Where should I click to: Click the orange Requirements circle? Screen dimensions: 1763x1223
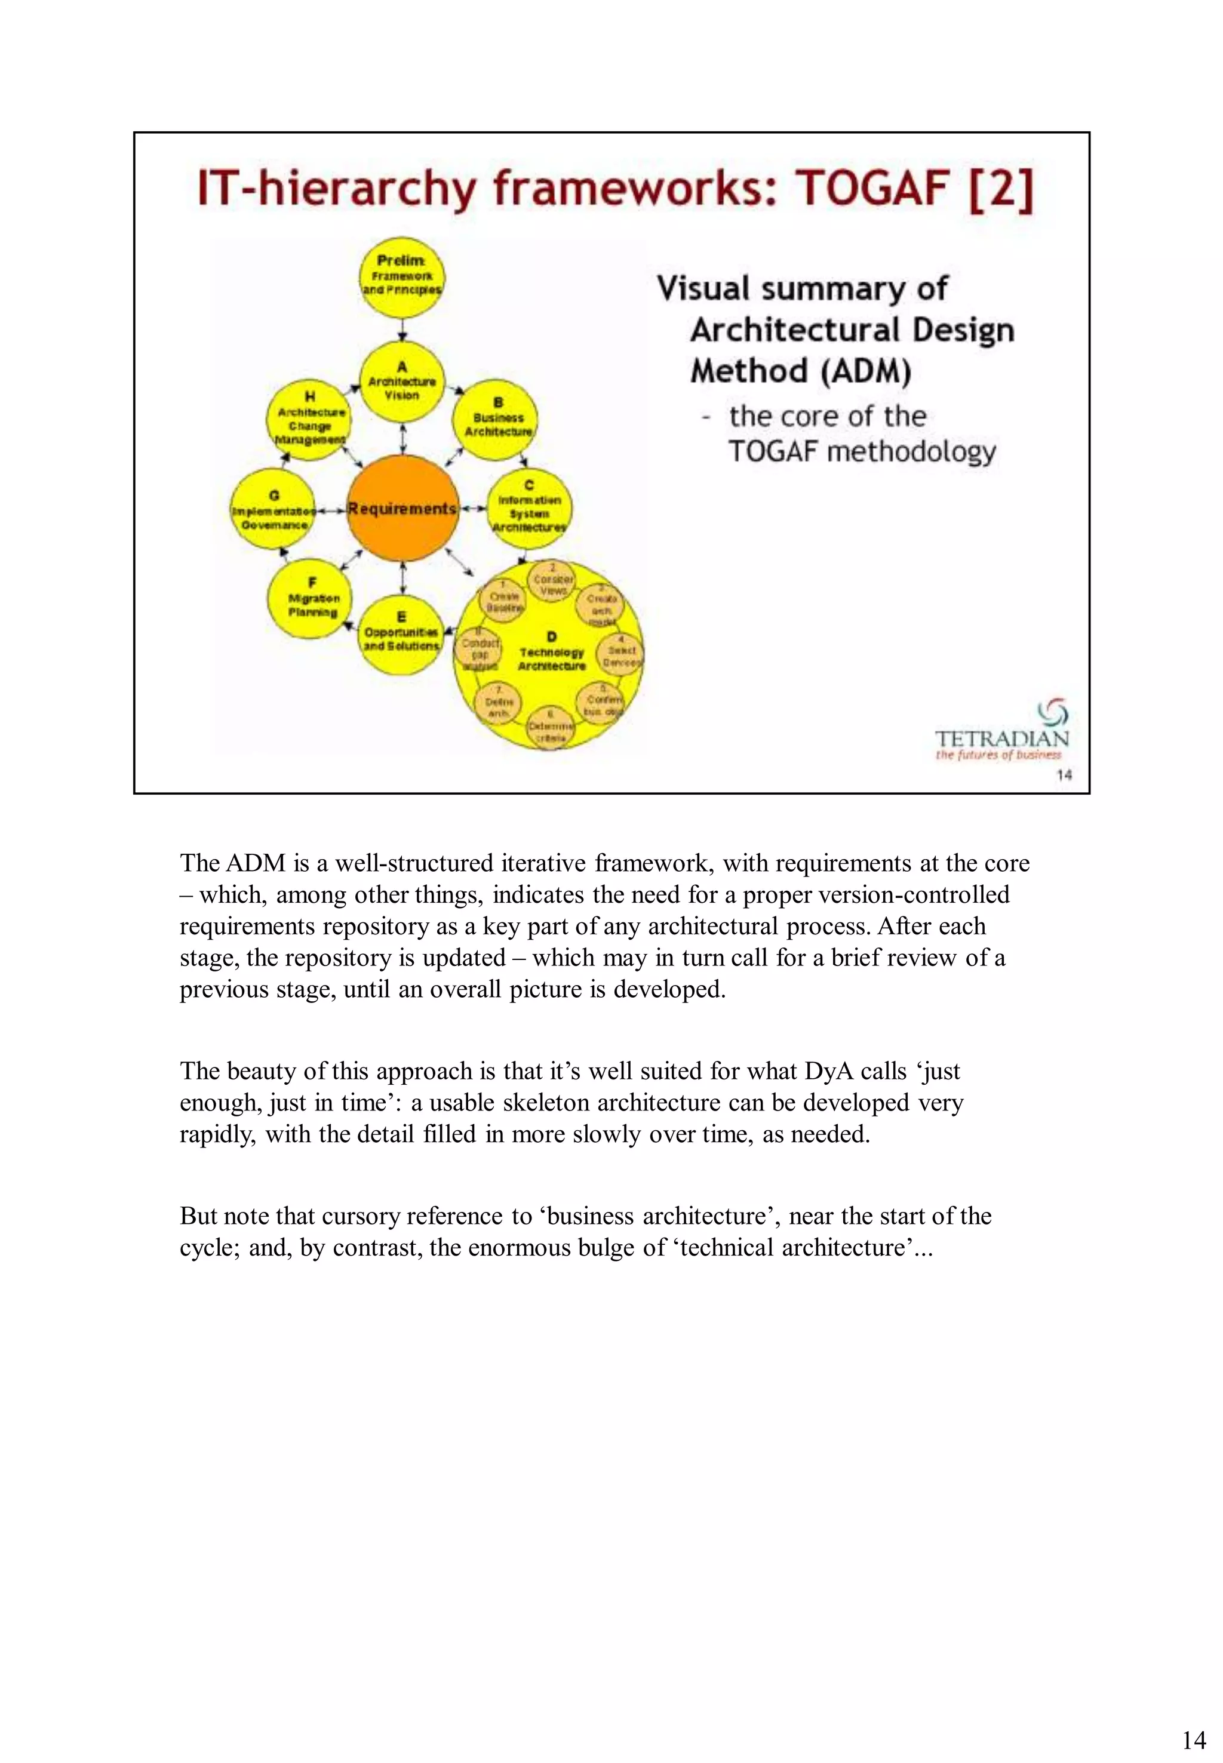[402, 509]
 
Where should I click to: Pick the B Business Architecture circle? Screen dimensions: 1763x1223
[496, 420]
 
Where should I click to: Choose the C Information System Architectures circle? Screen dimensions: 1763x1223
[528, 508]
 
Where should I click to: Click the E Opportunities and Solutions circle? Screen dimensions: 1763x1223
[401, 635]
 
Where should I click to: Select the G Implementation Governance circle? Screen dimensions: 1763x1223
[273, 509]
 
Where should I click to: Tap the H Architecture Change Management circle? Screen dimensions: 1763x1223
[309, 420]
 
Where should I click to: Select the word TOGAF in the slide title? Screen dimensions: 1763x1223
[873, 189]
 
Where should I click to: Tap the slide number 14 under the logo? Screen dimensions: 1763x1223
[1064, 774]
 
